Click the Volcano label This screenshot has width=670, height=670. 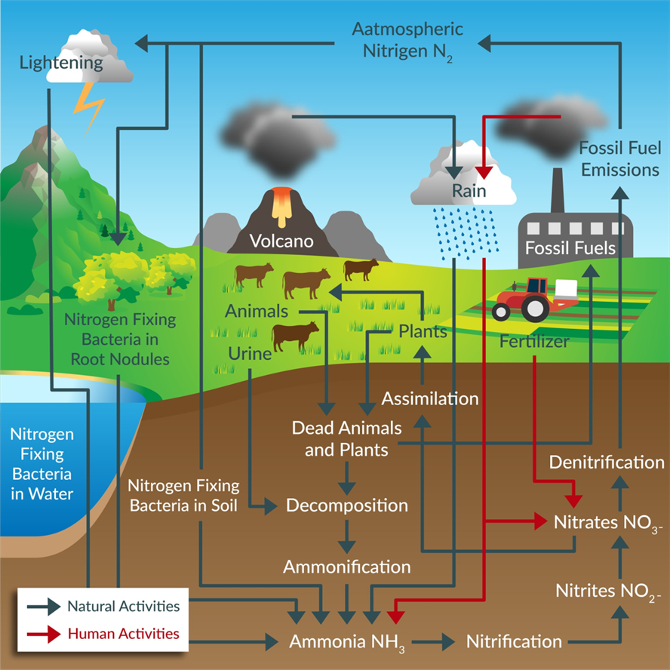tap(282, 242)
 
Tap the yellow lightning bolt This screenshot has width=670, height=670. tap(90, 105)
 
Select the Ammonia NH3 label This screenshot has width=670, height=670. tap(349, 643)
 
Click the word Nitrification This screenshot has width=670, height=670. tap(514, 642)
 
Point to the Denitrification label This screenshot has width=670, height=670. tap(607, 463)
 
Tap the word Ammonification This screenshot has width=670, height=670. tap(346, 566)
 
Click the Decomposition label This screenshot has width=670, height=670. tap(346, 505)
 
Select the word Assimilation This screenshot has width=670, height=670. tap(430, 398)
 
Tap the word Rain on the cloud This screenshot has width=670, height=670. tap(469, 190)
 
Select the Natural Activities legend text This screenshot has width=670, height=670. tap(123, 606)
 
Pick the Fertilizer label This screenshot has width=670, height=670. tap(534, 341)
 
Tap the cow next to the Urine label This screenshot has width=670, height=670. tap(295, 336)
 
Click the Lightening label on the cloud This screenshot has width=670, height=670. tap(62, 63)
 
